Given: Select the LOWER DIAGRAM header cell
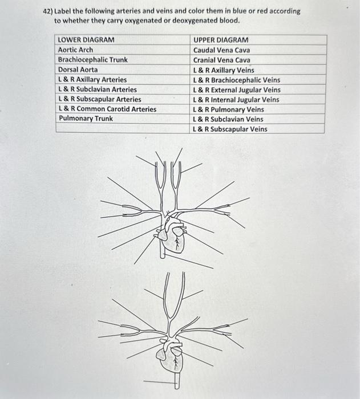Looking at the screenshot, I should coord(86,40).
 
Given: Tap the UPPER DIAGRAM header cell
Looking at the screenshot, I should coord(221,40).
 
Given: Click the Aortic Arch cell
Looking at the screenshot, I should coord(76,50).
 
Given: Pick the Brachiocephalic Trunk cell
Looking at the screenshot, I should coord(93,60).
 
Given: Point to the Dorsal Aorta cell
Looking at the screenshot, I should coord(78,70).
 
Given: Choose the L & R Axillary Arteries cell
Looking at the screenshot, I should coord(92,79).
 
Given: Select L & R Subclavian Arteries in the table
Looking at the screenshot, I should coord(98,89).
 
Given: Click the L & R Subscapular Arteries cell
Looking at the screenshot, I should coord(100,99).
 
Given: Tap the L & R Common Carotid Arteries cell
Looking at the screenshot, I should coord(107,109).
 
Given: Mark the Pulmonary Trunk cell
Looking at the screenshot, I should coord(86,119).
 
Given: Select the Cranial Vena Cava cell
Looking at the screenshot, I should coord(221,60).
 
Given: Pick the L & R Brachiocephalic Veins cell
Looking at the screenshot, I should coord(237,80).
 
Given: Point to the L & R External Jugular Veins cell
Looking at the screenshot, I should coord(237,89).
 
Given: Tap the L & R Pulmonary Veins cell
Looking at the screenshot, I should coord(228,109).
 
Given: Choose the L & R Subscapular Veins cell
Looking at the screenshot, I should coord(230,129).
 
